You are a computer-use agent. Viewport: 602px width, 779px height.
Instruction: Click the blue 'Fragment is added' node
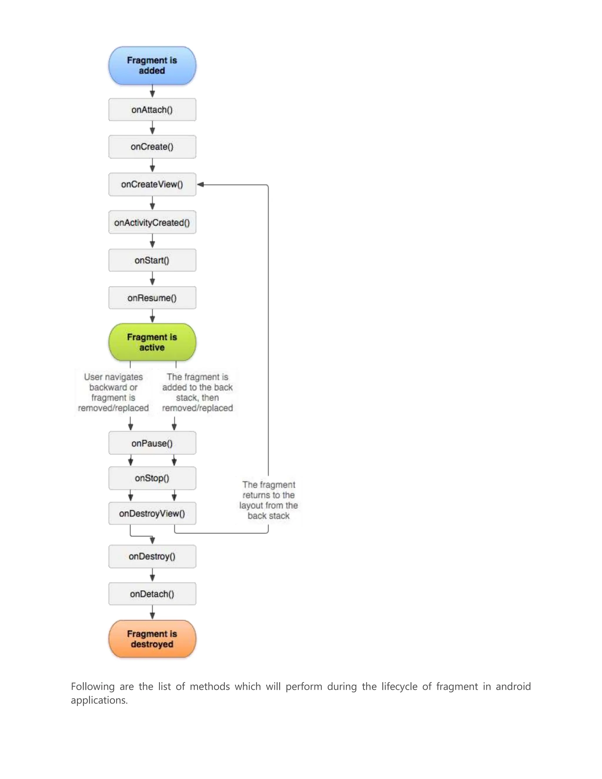pos(152,66)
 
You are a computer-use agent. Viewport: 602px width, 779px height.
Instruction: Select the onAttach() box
pos(152,110)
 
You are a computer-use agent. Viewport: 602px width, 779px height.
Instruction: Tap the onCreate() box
pos(152,147)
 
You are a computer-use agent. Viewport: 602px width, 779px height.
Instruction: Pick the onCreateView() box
pos(152,184)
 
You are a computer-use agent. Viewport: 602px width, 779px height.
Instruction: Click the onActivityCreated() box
pos(152,222)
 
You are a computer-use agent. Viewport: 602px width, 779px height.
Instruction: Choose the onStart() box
pos(152,260)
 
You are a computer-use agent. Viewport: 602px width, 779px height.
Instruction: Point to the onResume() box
pos(152,298)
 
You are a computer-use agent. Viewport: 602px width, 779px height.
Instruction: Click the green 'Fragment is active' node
pos(152,342)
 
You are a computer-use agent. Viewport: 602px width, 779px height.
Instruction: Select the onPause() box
pos(152,443)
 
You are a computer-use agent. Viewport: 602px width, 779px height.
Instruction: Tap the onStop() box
pos(152,478)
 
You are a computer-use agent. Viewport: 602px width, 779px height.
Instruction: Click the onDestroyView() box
pos(152,513)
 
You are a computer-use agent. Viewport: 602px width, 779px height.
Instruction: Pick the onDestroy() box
pos(152,556)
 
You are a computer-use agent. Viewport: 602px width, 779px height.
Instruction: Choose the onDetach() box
pos(152,594)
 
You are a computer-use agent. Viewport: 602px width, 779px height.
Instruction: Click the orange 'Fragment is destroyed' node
pos(152,639)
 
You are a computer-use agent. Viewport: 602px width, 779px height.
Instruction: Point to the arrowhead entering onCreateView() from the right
pos(200,184)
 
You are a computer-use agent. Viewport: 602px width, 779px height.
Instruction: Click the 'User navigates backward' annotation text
pos(113,392)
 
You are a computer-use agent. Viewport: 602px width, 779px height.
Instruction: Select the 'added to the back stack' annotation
pos(197,392)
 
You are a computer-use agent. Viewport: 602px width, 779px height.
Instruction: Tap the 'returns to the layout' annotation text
pos(269,500)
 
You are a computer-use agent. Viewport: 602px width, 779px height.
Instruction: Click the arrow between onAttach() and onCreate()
pos(152,128)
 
